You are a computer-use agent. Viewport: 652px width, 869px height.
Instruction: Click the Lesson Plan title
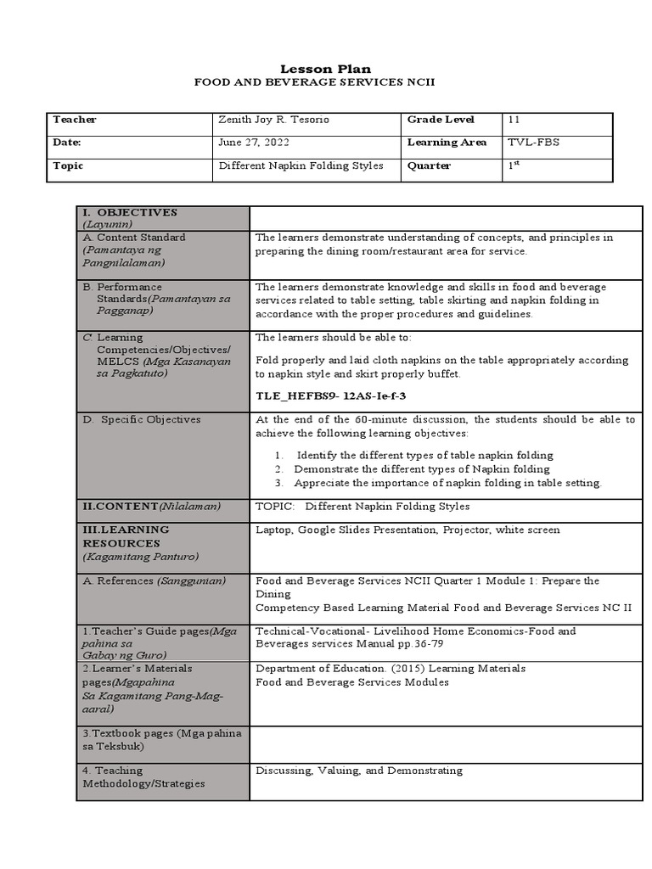(x=326, y=69)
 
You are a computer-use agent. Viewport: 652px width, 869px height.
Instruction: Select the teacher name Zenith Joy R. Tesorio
(x=274, y=120)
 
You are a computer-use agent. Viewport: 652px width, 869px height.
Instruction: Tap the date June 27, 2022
(x=248, y=143)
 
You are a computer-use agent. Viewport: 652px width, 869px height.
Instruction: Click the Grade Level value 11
(x=514, y=120)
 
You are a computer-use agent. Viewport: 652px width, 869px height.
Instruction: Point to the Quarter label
(x=429, y=166)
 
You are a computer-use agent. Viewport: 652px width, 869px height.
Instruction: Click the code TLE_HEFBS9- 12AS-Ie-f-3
(x=326, y=395)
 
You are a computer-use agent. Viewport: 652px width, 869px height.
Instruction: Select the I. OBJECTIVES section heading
(x=129, y=212)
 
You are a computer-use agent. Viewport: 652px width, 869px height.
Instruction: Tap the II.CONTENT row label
(x=151, y=507)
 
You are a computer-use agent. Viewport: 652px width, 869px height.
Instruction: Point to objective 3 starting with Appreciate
(x=446, y=483)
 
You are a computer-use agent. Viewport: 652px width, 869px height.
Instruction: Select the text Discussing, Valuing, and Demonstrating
(x=359, y=771)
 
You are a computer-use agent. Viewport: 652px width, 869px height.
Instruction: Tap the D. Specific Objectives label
(x=140, y=419)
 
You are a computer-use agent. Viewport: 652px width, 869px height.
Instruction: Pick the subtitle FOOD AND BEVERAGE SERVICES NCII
(x=326, y=84)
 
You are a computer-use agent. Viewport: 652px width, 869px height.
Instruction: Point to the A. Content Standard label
(x=134, y=238)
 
